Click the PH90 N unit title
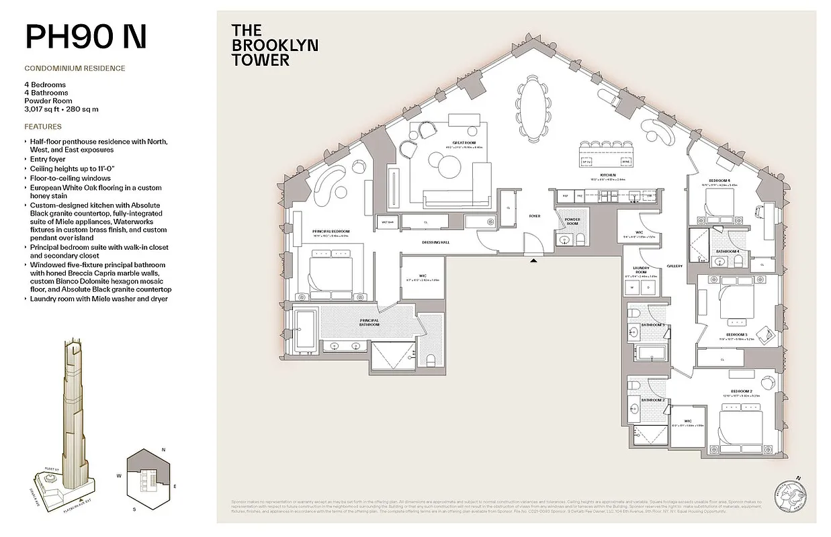[85, 37]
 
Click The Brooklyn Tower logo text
[274, 45]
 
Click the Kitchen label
[607, 176]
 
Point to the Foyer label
[534, 216]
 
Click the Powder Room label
[572, 222]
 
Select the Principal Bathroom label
[369, 322]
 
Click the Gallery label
[674, 266]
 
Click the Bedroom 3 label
[736, 334]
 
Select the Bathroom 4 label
[728, 251]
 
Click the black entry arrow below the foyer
[534, 260]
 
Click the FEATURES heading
[43, 126]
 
